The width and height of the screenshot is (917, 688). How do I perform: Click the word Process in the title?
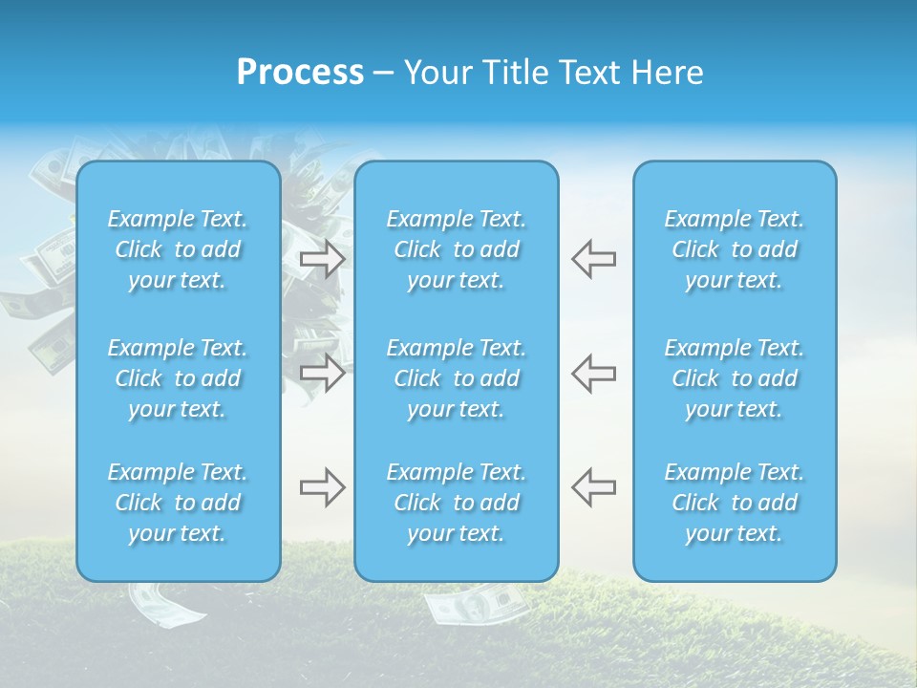(x=300, y=73)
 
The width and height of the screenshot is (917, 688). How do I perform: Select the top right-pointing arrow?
(x=322, y=259)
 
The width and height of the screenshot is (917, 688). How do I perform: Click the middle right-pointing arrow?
(x=322, y=373)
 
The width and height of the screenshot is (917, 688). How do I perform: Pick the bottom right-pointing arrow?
(x=322, y=487)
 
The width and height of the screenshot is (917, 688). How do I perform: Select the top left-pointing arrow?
(x=593, y=259)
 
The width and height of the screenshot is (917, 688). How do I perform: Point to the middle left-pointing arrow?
(x=593, y=373)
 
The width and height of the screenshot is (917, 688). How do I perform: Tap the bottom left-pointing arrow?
(x=593, y=487)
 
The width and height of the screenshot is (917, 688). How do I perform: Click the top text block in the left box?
(x=178, y=249)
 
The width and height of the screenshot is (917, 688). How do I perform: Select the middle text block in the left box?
(x=178, y=378)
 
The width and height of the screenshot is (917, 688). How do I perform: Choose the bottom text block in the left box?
(x=178, y=503)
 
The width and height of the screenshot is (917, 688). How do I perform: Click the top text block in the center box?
(x=457, y=249)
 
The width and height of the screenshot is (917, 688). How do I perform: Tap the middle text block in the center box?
(x=457, y=378)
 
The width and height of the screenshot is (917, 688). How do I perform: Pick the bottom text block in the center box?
(x=457, y=503)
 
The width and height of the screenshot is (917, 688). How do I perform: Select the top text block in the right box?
(x=735, y=249)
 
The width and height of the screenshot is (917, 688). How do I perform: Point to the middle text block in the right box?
(x=735, y=378)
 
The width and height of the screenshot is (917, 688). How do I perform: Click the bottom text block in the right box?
(x=735, y=503)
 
